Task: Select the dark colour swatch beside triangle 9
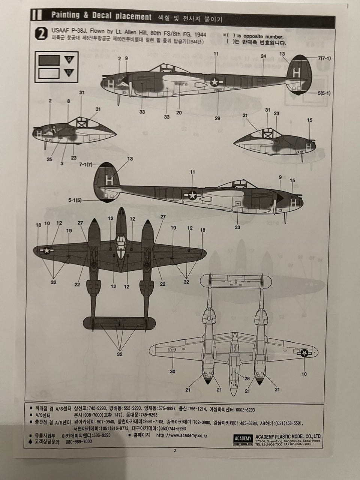tap(49, 60)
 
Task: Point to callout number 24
tap(263, 56)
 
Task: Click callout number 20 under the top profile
tap(179, 112)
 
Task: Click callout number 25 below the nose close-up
tap(50, 159)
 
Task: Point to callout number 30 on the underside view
tap(172, 372)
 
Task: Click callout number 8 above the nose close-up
tap(68, 101)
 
